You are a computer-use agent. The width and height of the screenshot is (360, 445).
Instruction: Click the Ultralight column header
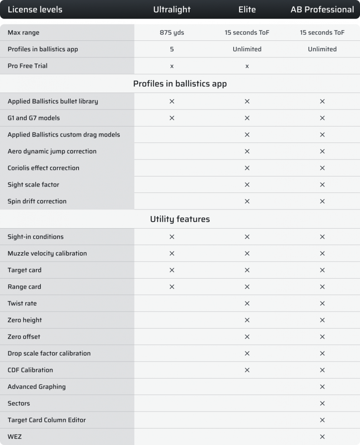(x=172, y=10)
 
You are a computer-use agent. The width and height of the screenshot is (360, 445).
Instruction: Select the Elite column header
(x=247, y=10)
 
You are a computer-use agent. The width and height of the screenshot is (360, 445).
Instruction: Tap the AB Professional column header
(x=322, y=10)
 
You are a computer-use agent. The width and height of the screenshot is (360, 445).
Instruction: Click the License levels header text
(x=35, y=10)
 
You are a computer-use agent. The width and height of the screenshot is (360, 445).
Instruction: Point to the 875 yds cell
(x=172, y=33)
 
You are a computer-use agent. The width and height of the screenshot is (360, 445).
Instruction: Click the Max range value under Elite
(x=247, y=33)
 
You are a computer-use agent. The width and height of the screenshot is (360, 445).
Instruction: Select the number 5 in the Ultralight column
(x=172, y=49)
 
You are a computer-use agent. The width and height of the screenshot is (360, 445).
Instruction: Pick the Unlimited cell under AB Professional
(x=322, y=49)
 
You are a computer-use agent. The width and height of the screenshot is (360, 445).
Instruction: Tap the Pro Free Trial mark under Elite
(x=247, y=66)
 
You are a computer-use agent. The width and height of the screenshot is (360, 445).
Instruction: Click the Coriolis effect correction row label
(x=43, y=168)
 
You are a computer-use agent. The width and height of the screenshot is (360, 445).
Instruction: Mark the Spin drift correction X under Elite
(x=247, y=201)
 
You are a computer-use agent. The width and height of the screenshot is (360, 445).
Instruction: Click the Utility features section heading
(x=180, y=219)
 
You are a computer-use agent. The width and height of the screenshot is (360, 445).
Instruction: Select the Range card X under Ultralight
(x=172, y=287)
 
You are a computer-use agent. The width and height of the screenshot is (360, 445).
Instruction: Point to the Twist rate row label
(x=22, y=303)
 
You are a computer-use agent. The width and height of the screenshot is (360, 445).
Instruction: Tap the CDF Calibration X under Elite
(x=247, y=370)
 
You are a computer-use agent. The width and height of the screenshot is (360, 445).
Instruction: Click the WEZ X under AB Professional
(x=322, y=437)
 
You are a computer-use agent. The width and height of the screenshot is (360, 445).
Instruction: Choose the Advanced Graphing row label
(x=37, y=387)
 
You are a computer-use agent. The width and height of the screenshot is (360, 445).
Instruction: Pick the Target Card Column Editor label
(x=47, y=420)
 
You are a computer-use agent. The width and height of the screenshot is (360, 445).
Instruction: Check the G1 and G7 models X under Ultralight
(x=172, y=118)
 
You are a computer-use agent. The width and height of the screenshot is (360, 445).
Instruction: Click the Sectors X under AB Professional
(x=322, y=403)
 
